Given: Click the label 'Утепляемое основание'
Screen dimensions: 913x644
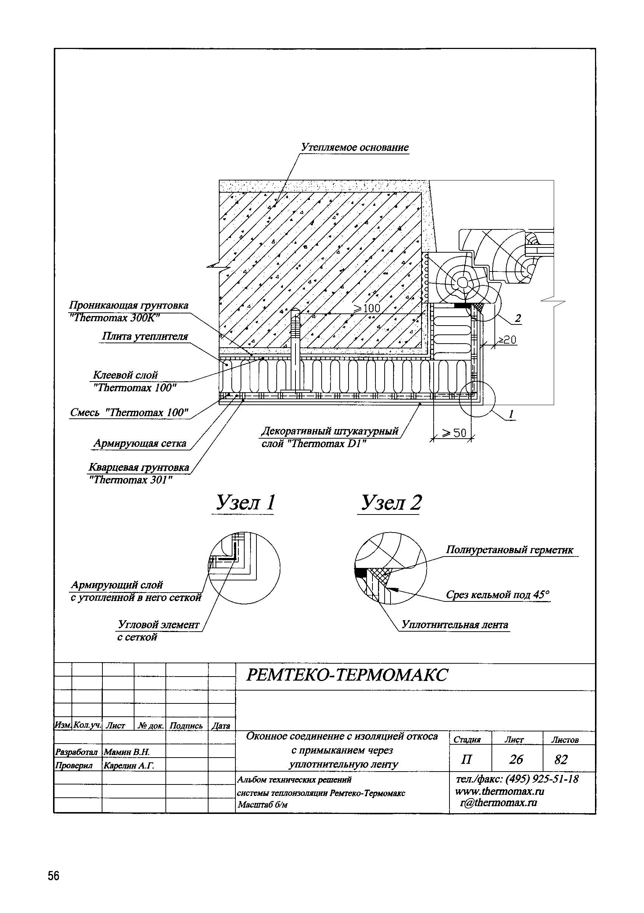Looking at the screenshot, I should coord(354,148).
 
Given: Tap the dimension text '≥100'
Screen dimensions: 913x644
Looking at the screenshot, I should coord(366,308).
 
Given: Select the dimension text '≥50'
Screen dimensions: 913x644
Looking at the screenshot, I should coord(454,433).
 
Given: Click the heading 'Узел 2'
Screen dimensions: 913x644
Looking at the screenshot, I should coord(391,503).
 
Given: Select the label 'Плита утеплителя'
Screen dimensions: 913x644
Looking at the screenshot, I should coord(145,336).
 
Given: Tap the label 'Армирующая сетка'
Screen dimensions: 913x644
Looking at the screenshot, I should coord(140,443).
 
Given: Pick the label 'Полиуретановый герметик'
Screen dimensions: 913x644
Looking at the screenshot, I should coord(509,550).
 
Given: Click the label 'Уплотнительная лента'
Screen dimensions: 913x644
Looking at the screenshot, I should coord(455,625).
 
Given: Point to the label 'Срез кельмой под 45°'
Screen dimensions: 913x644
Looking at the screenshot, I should coord(497,595).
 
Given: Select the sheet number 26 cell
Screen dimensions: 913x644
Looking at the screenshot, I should coord(516,759).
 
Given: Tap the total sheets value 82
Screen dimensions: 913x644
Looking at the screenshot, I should coord(561,759).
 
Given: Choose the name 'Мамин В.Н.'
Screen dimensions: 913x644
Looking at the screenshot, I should coord(126,752).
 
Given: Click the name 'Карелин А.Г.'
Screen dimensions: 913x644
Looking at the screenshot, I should coord(129,765).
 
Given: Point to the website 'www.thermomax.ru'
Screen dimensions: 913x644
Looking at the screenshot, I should coord(500,791).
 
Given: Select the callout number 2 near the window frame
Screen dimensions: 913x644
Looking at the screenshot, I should coord(518,318).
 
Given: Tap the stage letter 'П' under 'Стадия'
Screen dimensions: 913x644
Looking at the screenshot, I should coord(466,759).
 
